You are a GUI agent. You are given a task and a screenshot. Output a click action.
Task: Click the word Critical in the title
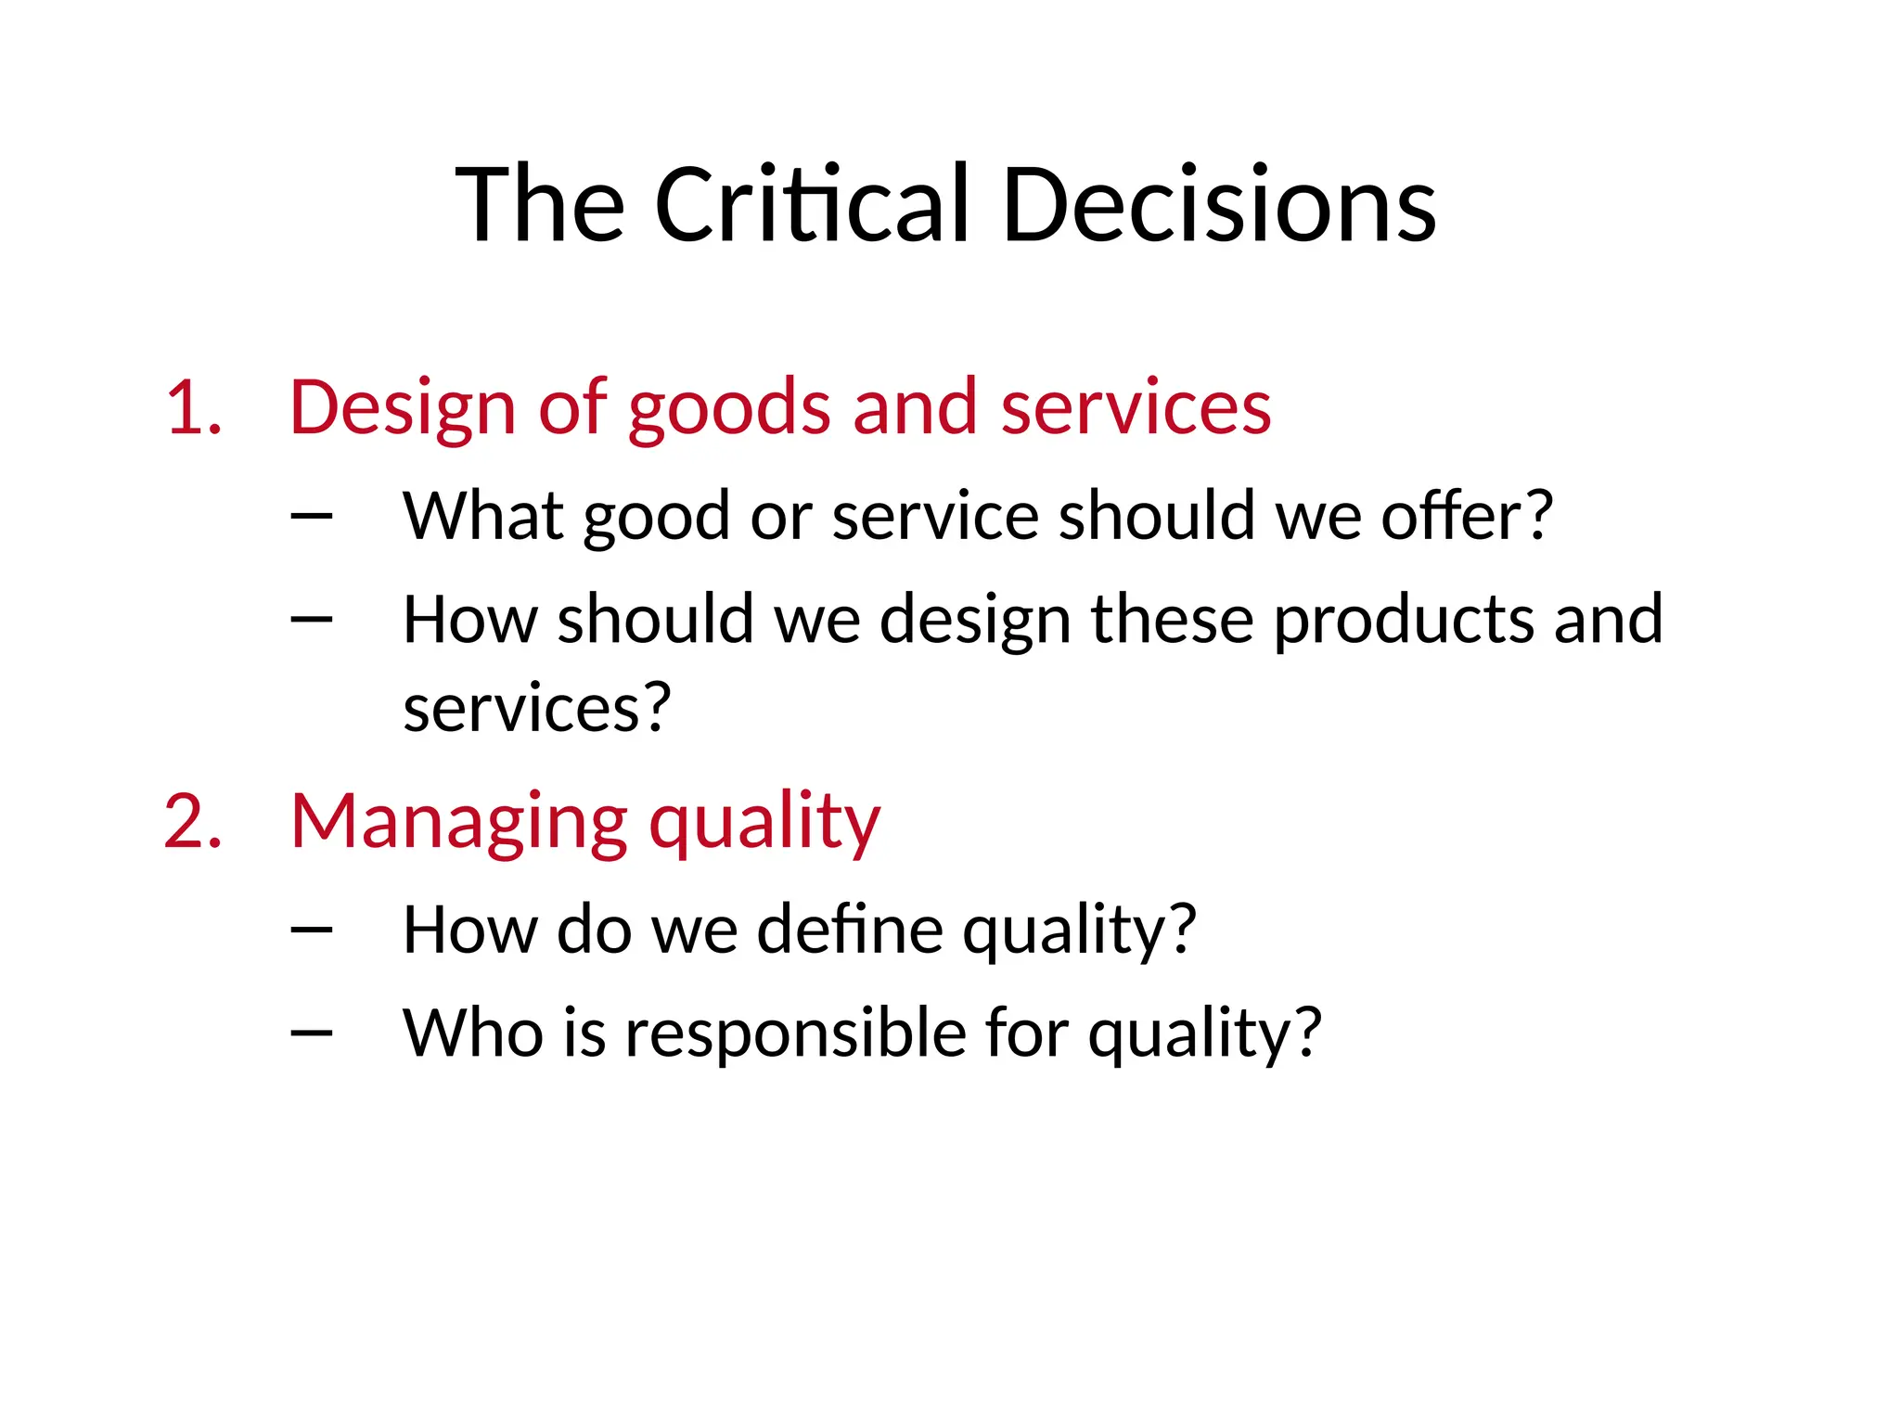(812, 204)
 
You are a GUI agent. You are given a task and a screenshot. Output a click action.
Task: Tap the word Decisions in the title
(1219, 204)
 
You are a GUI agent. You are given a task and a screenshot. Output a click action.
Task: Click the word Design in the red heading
(402, 408)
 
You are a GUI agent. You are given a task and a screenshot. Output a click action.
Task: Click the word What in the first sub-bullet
(482, 516)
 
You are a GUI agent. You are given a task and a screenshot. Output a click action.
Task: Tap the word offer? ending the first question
(1467, 516)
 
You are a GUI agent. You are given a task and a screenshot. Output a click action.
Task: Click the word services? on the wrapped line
(537, 709)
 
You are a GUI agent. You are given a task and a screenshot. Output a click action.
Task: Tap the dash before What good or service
(312, 516)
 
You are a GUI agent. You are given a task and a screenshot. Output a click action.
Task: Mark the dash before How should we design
(312, 619)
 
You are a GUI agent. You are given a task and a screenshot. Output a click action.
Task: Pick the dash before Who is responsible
(312, 1033)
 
